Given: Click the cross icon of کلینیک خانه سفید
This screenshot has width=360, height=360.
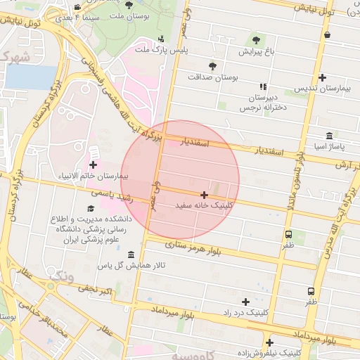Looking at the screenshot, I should point(204,195).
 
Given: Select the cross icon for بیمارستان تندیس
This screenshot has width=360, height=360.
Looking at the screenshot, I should point(322,77).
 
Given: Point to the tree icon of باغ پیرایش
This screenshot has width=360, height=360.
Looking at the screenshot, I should point(255,40).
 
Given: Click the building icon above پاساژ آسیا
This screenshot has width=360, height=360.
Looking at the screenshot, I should point(329,136).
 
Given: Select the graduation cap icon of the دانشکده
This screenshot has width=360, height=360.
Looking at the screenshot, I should point(90,209).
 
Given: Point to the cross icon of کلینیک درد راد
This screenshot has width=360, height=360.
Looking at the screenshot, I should point(245,301).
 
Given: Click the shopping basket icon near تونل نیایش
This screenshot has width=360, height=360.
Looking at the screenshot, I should point(328,34).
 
